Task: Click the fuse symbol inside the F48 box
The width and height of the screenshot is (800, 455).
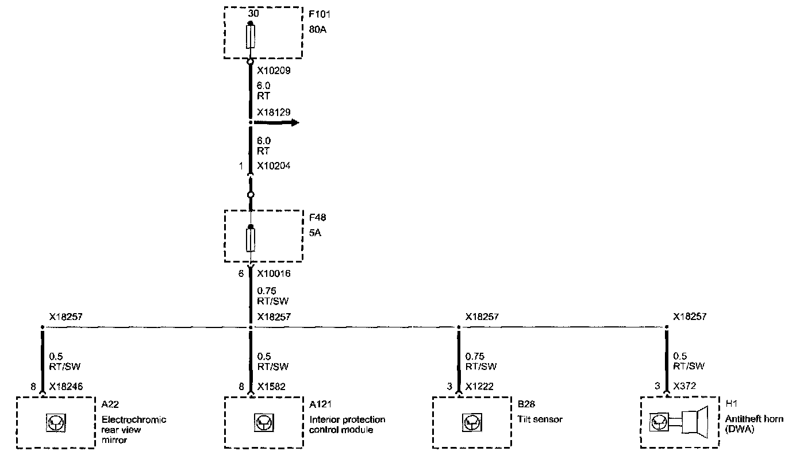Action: point(251,240)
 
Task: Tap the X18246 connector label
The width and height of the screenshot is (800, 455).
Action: point(67,387)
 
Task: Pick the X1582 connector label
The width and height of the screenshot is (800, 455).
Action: point(271,387)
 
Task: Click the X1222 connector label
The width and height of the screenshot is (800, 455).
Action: point(479,387)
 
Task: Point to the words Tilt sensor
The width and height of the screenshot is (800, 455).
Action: point(540,419)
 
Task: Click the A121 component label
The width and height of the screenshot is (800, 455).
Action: point(321,403)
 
